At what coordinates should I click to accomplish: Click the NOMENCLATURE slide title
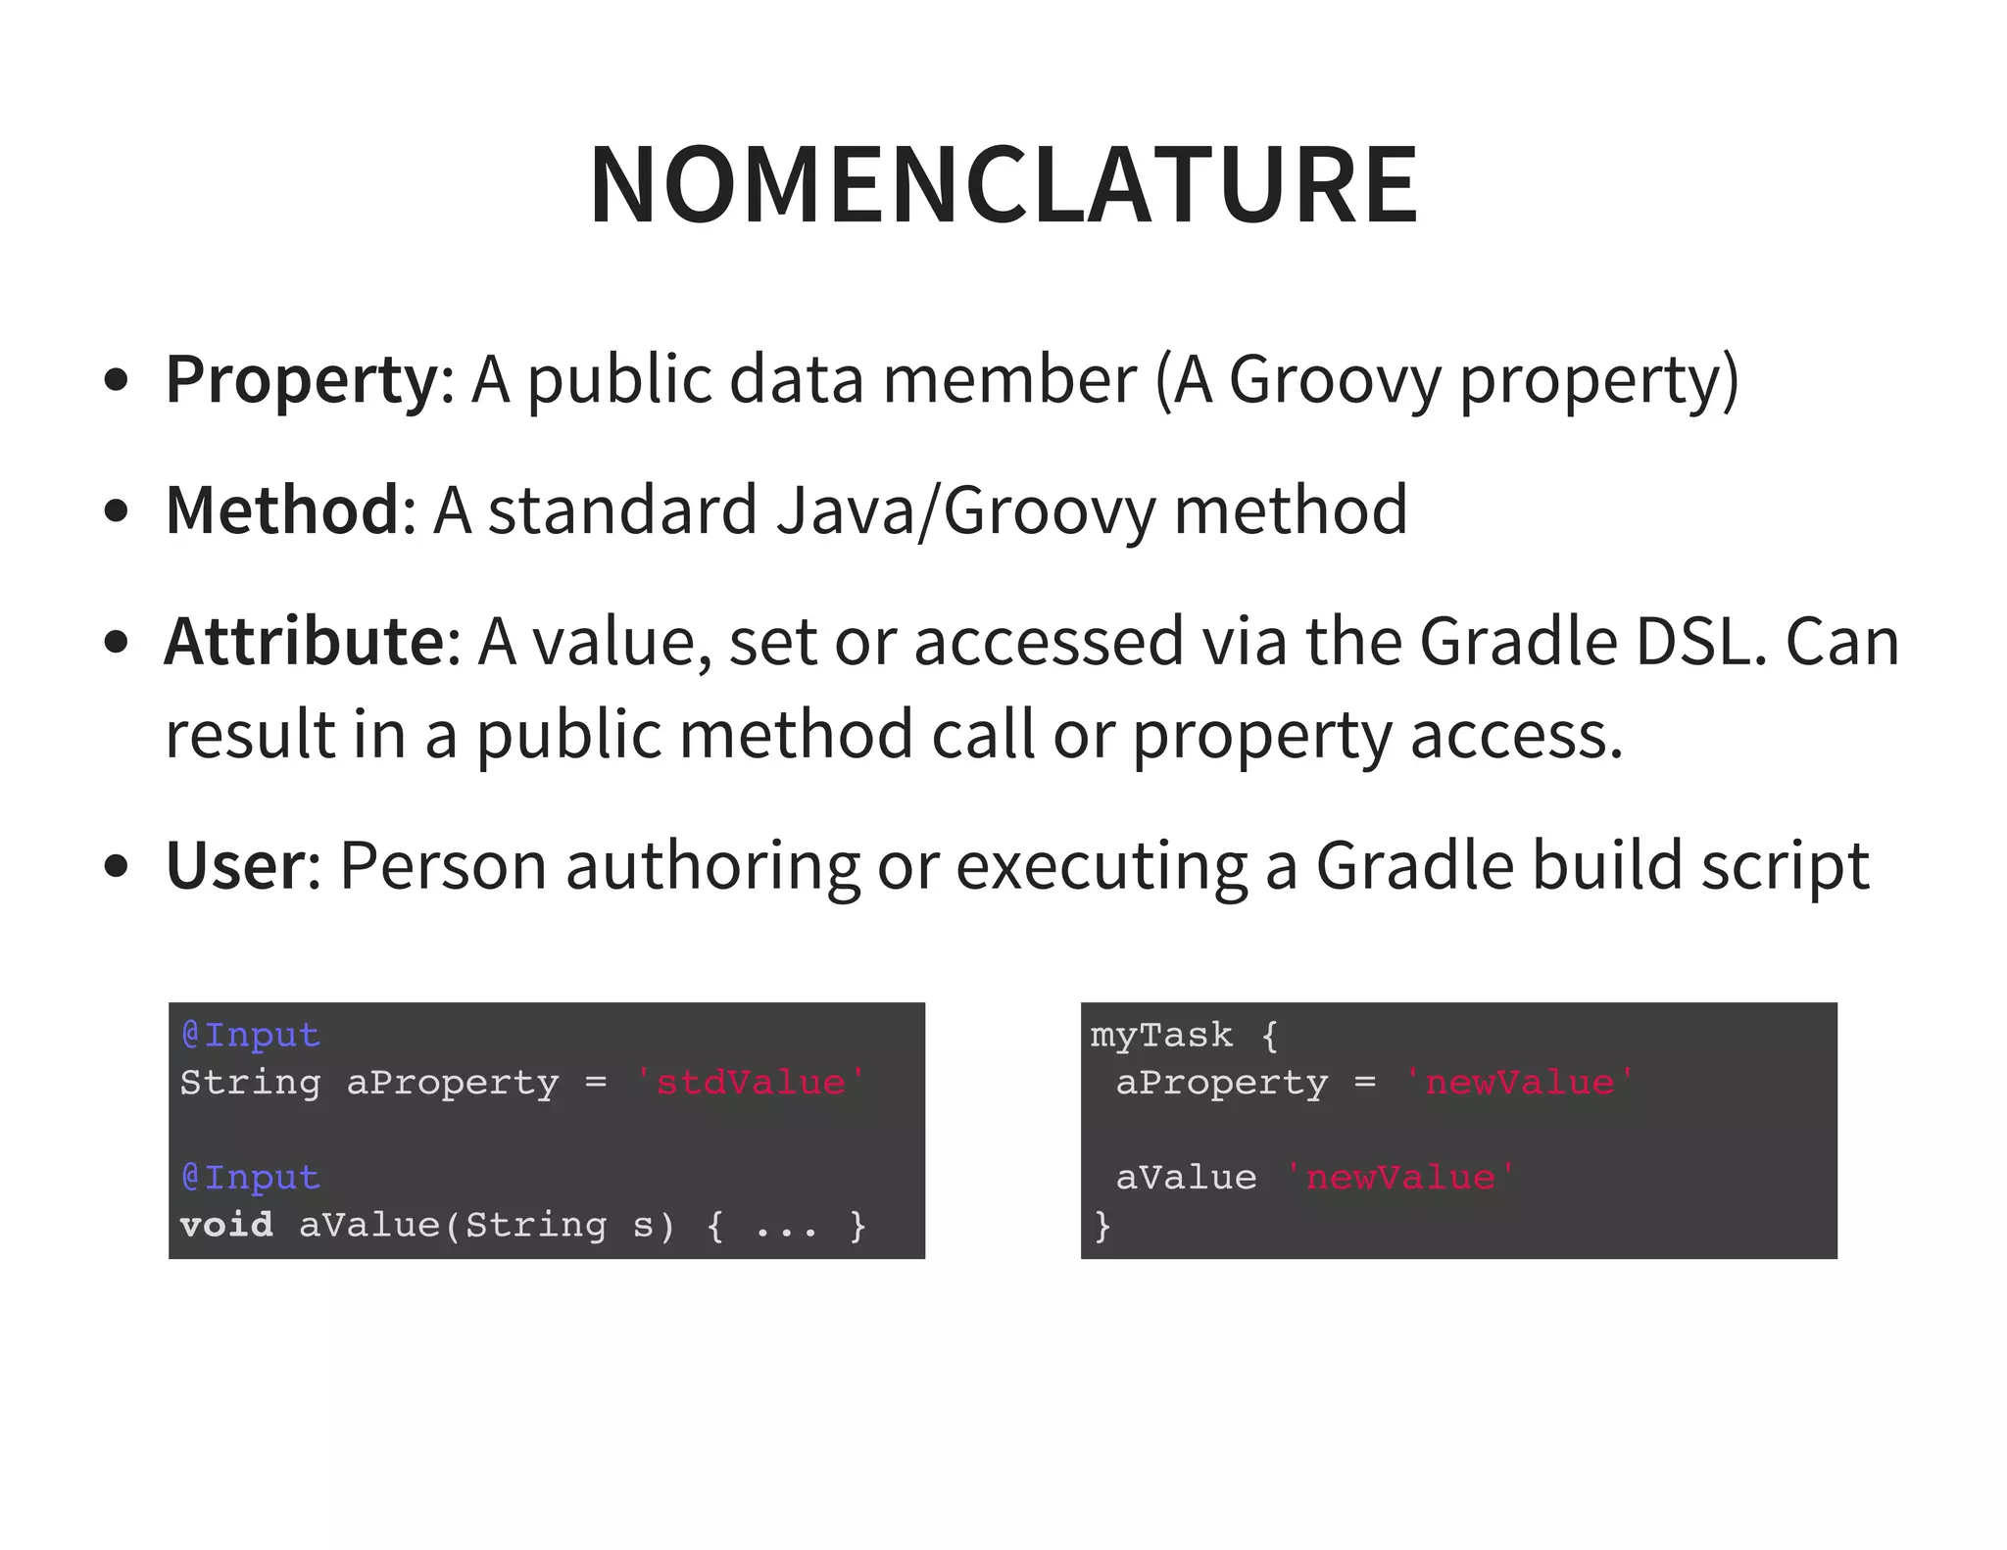pos(1003,185)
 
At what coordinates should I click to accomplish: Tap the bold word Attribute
pos(305,642)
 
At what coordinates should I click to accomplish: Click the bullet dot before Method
pos(116,511)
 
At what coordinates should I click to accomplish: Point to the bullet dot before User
pos(116,867)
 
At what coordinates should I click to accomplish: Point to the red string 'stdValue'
pos(750,1083)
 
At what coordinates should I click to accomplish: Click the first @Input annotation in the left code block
pos(251,1036)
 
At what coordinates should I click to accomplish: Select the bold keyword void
pos(226,1225)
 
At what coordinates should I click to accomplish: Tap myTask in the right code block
pos(1161,1036)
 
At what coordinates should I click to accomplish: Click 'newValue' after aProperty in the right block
pos(1519,1083)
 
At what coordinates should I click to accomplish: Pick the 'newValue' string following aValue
pos(1400,1178)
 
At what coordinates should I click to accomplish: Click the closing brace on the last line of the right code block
pos(1102,1225)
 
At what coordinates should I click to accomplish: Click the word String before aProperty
pos(250,1083)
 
